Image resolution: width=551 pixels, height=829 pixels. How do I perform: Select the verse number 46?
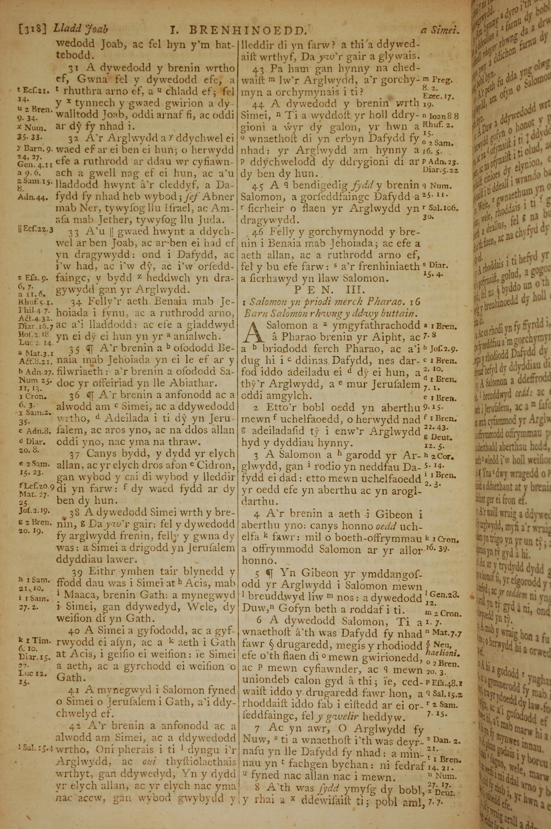point(259,232)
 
